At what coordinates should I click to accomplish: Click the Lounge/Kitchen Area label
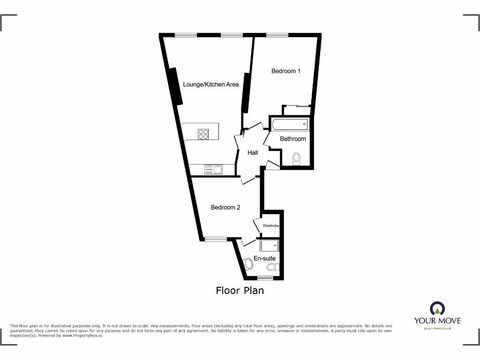click(x=210, y=85)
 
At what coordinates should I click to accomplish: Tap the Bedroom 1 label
click(x=286, y=71)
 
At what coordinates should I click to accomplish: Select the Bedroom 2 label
click(x=225, y=207)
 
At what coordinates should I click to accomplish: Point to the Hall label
click(x=253, y=153)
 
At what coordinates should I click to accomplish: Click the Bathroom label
click(x=293, y=139)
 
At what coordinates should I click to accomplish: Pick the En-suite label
click(x=264, y=258)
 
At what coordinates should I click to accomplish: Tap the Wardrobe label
click(x=271, y=226)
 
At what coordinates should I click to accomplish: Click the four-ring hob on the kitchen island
click(x=203, y=134)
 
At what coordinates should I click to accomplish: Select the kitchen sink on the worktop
click(x=213, y=169)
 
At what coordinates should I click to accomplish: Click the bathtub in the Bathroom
click(x=289, y=125)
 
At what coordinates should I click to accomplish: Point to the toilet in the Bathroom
click(x=296, y=159)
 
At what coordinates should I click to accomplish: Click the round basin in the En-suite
click(x=248, y=265)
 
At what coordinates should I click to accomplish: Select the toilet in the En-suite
click(x=272, y=268)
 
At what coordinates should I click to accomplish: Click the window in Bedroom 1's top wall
click(x=277, y=35)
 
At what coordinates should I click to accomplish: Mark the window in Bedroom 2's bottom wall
click(x=216, y=240)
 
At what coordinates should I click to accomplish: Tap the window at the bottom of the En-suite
click(x=265, y=279)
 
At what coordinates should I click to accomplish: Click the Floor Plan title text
click(x=240, y=291)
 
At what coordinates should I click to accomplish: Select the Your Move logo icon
click(x=437, y=308)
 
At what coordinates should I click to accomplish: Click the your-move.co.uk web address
click(x=437, y=329)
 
